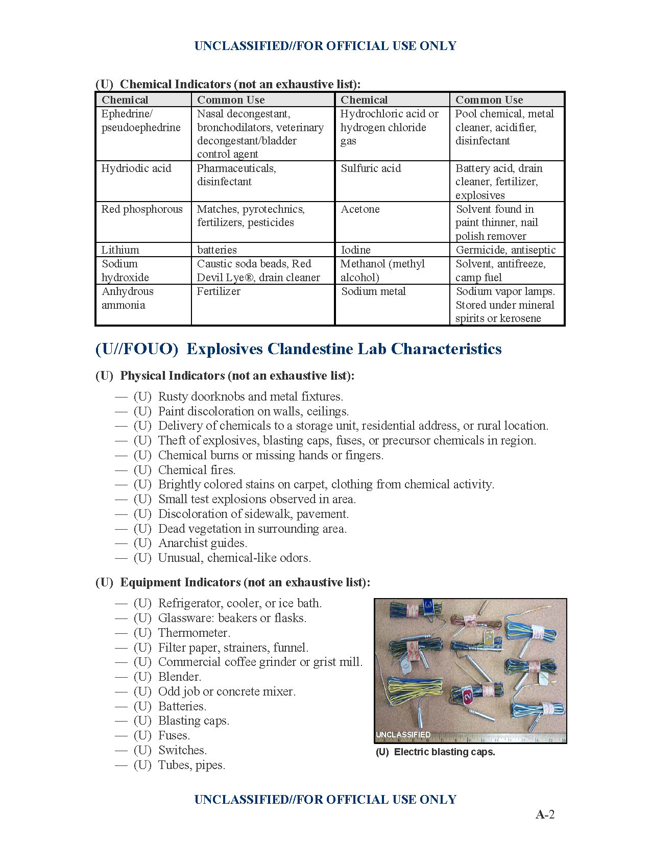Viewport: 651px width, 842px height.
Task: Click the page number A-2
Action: point(545,814)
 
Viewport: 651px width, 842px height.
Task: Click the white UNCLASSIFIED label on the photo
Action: point(403,735)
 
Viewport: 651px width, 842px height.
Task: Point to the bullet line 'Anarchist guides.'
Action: point(202,543)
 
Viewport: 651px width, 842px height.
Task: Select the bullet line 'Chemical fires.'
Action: point(197,470)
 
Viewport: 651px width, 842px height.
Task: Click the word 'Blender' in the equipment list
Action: point(179,677)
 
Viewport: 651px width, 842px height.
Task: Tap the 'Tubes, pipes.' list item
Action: point(191,765)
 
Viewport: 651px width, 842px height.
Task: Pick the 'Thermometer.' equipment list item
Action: point(194,633)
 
